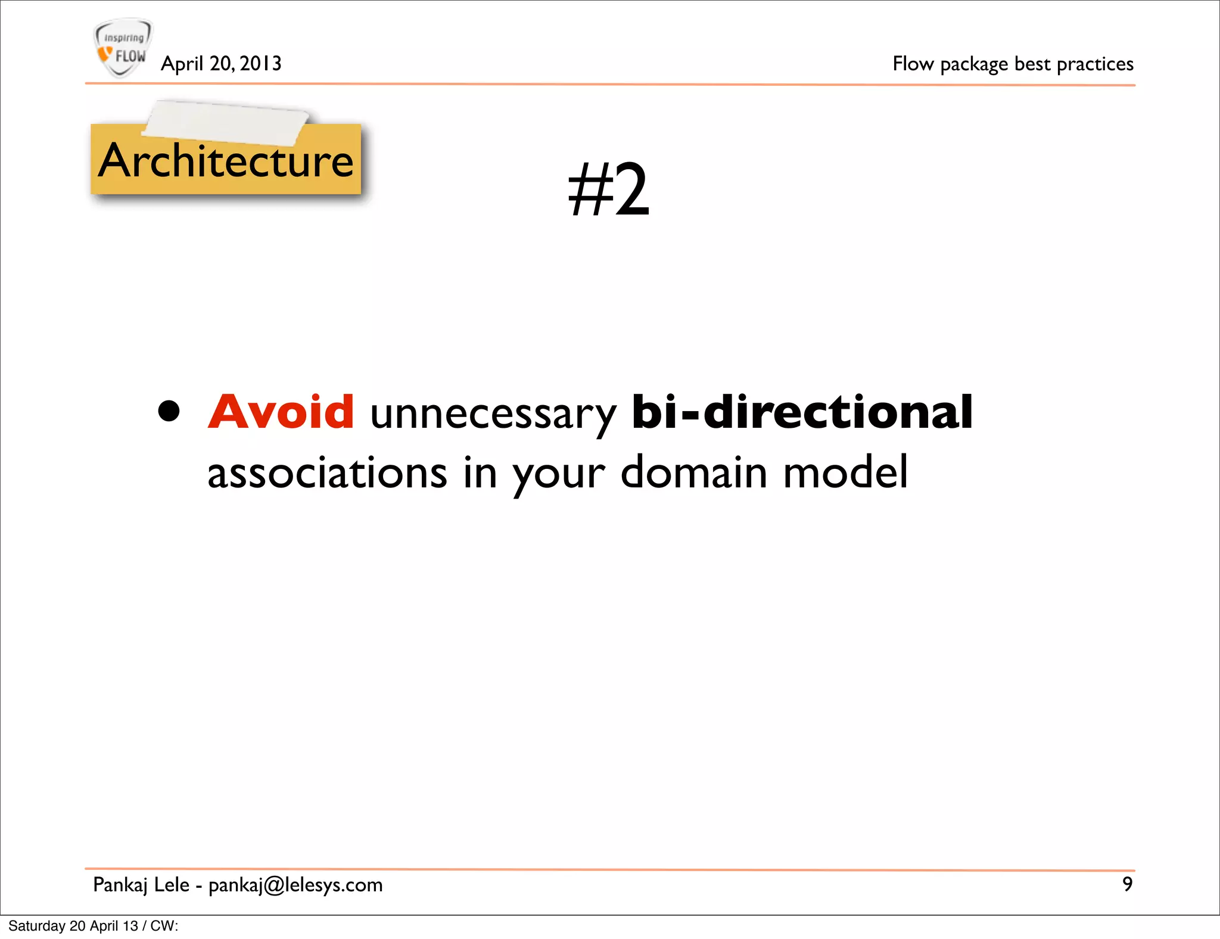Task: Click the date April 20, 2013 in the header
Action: pyautogui.click(x=221, y=63)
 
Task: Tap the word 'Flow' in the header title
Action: pyautogui.click(x=913, y=63)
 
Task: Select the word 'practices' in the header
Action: pyautogui.click(x=1095, y=63)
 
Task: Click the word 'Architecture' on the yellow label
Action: pyautogui.click(x=226, y=161)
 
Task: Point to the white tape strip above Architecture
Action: pyautogui.click(x=226, y=123)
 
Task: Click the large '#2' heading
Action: pyautogui.click(x=608, y=189)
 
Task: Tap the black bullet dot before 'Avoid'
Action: pyautogui.click(x=169, y=411)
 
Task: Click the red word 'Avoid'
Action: pyautogui.click(x=281, y=412)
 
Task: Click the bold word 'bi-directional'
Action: pyautogui.click(x=802, y=412)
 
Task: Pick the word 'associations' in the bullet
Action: pyautogui.click(x=327, y=473)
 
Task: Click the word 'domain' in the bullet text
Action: pyautogui.click(x=694, y=473)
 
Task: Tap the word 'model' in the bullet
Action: pyautogui.click(x=845, y=473)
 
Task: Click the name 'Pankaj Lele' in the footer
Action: pyautogui.click(x=141, y=885)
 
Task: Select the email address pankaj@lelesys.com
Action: pyautogui.click(x=295, y=885)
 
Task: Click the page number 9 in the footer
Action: pyautogui.click(x=1127, y=884)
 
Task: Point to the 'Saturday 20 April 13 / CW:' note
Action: pyautogui.click(x=94, y=926)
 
